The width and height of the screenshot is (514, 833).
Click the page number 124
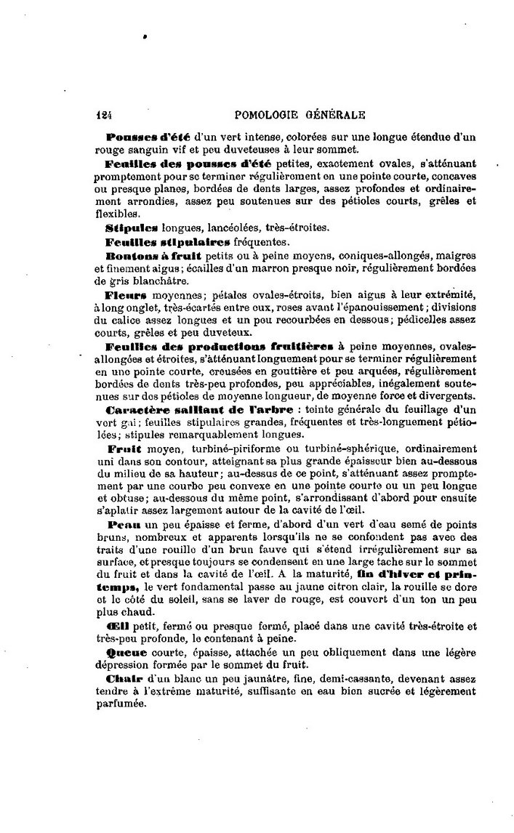[107, 114]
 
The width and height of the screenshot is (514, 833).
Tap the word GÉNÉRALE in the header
[334, 114]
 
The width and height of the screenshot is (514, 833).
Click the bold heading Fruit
[121, 448]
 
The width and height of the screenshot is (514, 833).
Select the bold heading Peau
[119, 525]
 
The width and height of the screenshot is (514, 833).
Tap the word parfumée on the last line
[116, 704]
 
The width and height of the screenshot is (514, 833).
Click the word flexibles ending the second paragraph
[116, 214]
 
